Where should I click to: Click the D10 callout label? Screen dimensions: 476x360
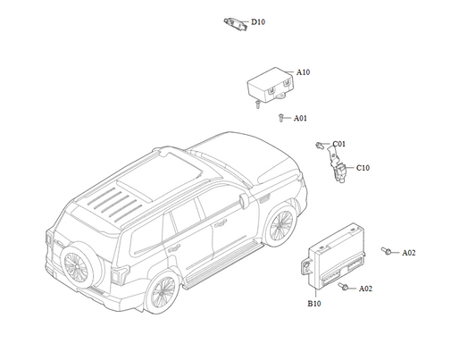coord(258,22)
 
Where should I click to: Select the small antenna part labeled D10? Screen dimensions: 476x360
coord(236,24)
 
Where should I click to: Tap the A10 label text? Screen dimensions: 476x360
coord(303,72)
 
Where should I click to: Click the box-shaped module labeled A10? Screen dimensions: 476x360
coord(271,84)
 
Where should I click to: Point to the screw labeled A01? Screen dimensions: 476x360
coord(280,118)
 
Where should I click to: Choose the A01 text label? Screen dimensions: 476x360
coord(300,118)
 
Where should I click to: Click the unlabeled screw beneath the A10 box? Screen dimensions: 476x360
coord(257,105)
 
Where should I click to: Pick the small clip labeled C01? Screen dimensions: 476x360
coord(319,145)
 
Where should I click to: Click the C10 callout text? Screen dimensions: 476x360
coord(363,168)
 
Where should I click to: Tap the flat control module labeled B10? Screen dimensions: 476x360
coord(334,256)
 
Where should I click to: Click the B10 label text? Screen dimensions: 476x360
coord(314,304)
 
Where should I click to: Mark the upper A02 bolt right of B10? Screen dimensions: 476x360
coord(386,251)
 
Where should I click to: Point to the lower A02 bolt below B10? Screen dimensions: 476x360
coord(343,286)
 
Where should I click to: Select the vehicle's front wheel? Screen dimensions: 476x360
coord(280,225)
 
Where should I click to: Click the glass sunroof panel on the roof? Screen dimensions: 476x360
coord(160,176)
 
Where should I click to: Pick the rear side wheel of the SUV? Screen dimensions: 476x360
coord(163,291)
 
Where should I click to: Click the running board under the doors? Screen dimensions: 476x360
coord(223,266)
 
